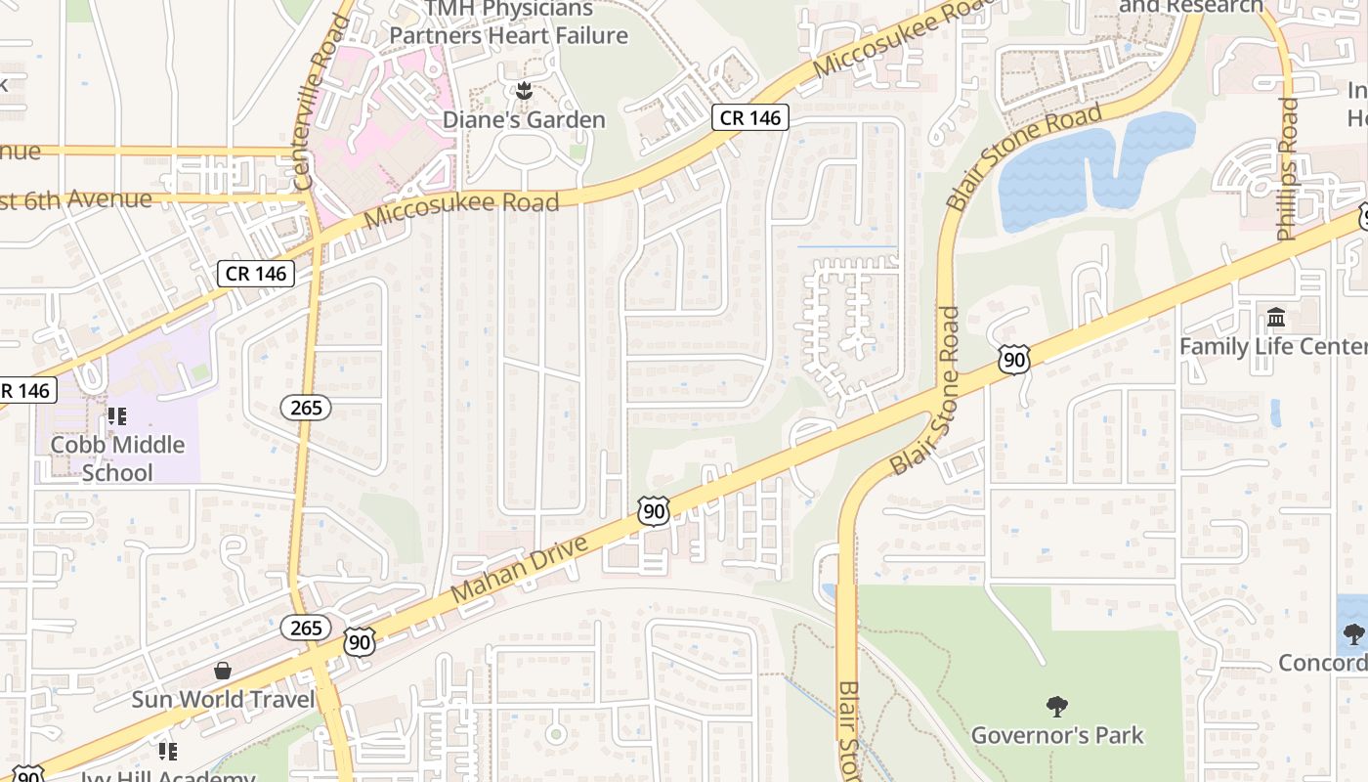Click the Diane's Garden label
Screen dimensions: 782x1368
(x=524, y=120)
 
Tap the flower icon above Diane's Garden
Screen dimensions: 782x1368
(x=524, y=92)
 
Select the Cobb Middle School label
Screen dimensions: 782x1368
(x=117, y=458)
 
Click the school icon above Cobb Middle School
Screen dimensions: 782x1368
(x=117, y=417)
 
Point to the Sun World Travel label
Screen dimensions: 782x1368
(x=224, y=700)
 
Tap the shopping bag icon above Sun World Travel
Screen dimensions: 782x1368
(x=223, y=671)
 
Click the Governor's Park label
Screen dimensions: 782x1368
(x=1057, y=735)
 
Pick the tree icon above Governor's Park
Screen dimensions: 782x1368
(x=1056, y=706)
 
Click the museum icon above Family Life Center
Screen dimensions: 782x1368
(x=1276, y=318)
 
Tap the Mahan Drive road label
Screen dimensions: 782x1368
(x=521, y=569)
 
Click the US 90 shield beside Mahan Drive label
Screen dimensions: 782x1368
(x=654, y=510)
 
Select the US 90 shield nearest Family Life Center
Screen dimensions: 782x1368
(x=1014, y=360)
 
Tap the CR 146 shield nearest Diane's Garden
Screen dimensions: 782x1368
(x=749, y=118)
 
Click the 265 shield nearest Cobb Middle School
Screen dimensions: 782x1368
(x=306, y=408)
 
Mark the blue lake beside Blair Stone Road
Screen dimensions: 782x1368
(x=1094, y=171)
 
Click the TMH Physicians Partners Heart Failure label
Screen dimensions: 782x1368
(x=508, y=23)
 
